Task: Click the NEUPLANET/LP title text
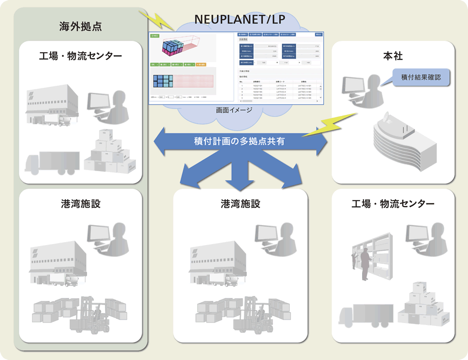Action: pyautogui.click(x=239, y=19)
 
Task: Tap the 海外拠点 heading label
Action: pyautogui.click(x=80, y=27)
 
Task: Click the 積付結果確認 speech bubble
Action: pyautogui.click(x=419, y=77)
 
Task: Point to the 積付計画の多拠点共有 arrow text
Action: pyautogui.click(x=240, y=141)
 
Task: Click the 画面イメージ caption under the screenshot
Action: pyautogui.click(x=234, y=110)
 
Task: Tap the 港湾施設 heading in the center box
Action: pyautogui.click(x=240, y=204)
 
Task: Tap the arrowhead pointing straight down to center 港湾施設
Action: pyautogui.click(x=240, y=184)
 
